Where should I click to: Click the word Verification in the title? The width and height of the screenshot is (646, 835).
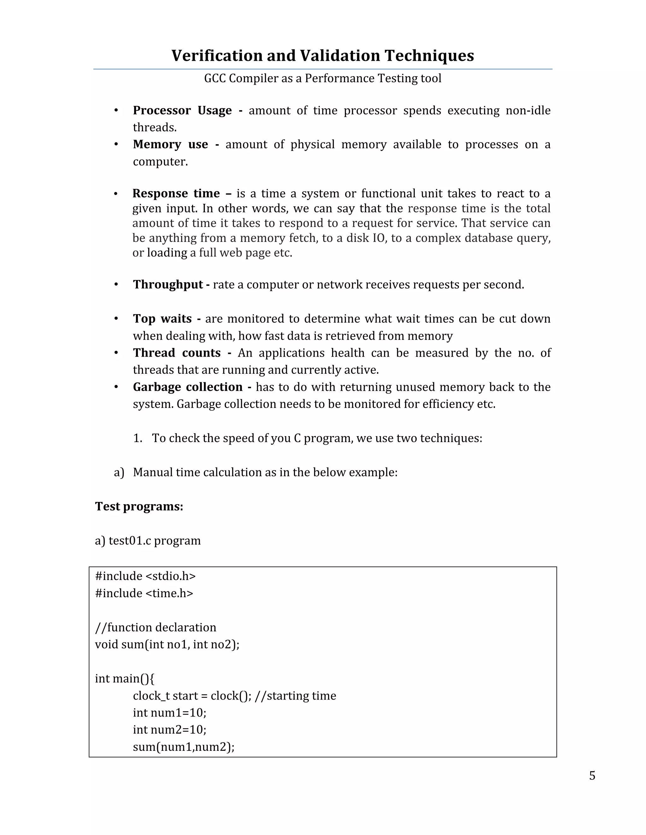click(217, 55)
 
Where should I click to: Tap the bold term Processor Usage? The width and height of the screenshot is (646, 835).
click(182, 111)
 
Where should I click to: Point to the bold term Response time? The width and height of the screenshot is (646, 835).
click(176, 193)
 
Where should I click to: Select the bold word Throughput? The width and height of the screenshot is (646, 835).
click(167, 285)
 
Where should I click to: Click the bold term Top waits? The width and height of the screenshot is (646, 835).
click(162, 319)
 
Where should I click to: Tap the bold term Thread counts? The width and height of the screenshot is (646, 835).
click(177, 353)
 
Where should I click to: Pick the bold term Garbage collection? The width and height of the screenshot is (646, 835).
click(188, 387)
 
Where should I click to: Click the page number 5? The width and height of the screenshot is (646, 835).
click(592, 776)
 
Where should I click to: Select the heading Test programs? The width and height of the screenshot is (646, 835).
click(139, 506)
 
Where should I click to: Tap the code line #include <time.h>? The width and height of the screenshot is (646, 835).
click(144, 593)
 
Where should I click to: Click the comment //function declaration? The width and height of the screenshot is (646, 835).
click(156, 627)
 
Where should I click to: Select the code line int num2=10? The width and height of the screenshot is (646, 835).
click(169, 729)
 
